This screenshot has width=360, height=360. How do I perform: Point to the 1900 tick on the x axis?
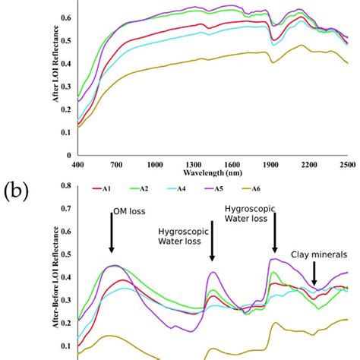click(270, 164)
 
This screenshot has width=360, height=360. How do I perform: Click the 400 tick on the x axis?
click(76, 164)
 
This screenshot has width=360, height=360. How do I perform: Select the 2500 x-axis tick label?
click(348, 164)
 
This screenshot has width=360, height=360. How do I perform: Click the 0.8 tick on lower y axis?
click(66, 185)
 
